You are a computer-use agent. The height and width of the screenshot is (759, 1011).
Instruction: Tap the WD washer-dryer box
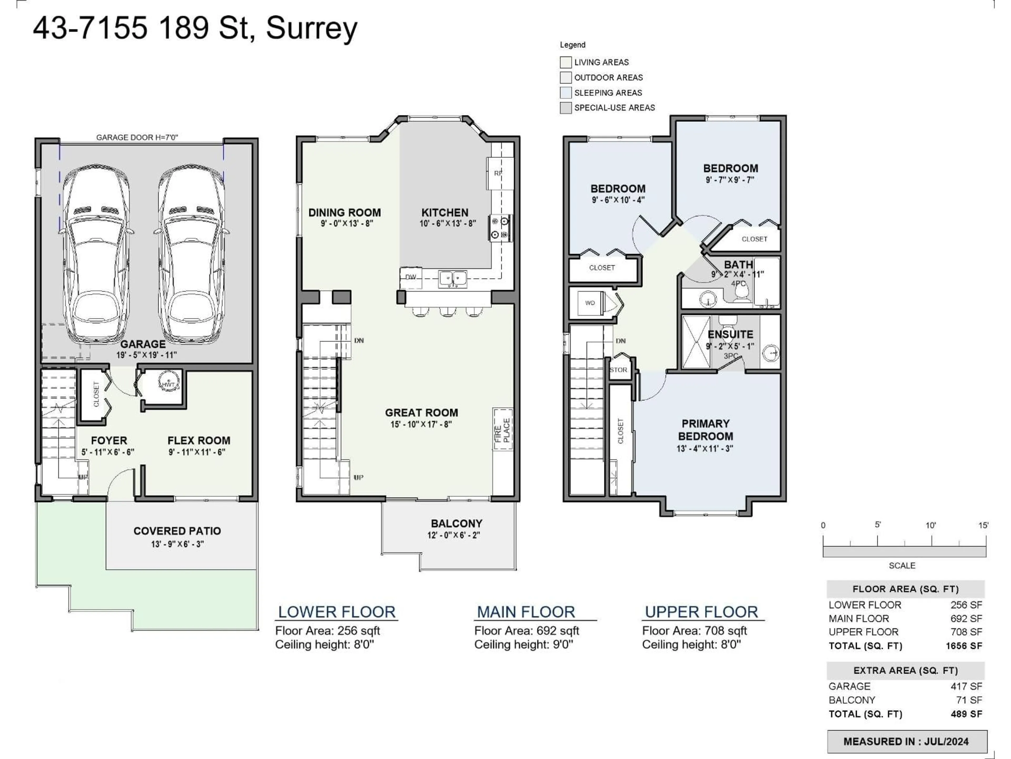(x=590, y=303)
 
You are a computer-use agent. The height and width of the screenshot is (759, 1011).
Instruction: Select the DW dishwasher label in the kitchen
(x=410, y=277)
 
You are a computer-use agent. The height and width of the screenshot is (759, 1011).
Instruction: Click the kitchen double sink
(x=453, y=278)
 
